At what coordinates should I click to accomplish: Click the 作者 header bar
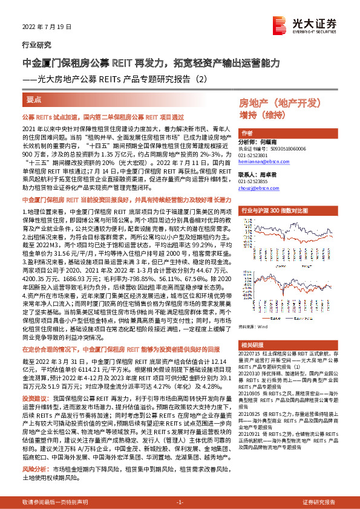tap(247, 134)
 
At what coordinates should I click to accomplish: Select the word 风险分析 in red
tap(33, 468)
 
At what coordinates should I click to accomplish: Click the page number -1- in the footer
tap(180, 502)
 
